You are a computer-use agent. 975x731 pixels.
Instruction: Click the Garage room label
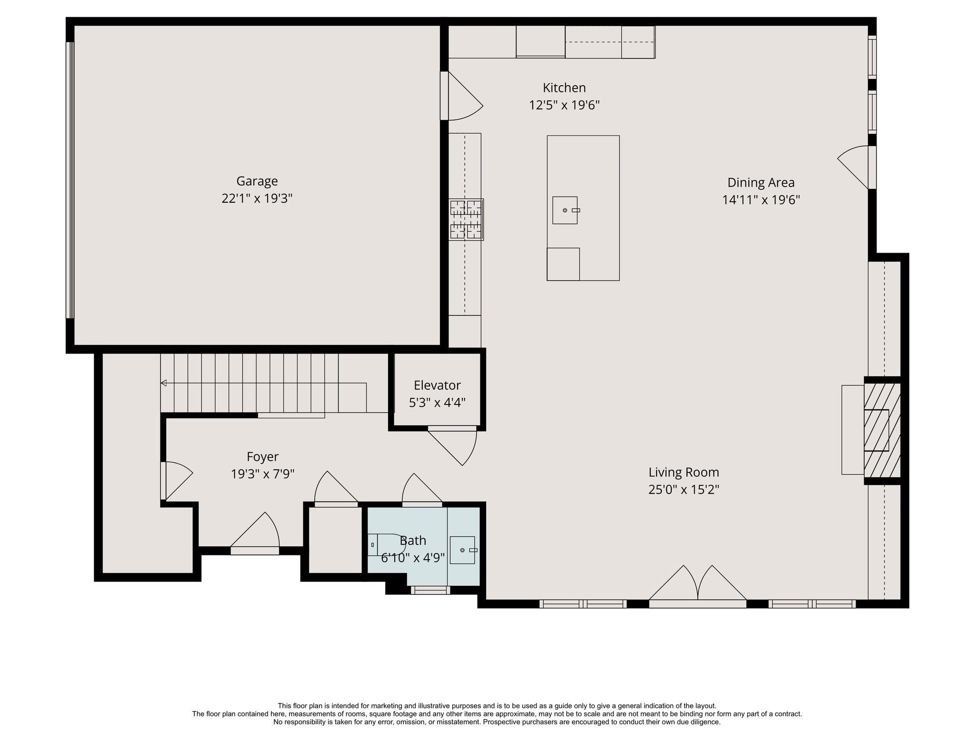coord(257,181)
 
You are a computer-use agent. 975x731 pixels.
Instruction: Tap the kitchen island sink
coord(565,210)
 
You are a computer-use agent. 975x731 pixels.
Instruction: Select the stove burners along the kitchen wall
coord(466,219)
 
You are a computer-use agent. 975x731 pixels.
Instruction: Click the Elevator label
coord(437,385)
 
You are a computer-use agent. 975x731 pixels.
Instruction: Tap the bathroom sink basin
coord(462,550)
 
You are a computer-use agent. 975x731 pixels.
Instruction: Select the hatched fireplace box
coord(882,430)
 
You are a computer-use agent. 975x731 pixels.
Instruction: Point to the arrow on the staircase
coord(163,383)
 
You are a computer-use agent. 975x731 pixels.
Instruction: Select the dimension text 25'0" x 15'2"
coord(683,490)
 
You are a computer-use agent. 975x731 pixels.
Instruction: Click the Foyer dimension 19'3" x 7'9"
coord(263,474)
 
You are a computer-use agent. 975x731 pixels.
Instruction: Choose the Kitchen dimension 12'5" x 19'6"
coord(564,105)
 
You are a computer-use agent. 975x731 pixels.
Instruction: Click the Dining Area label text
coord(761,183)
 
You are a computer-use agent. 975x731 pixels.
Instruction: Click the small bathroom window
coord(430,590)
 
